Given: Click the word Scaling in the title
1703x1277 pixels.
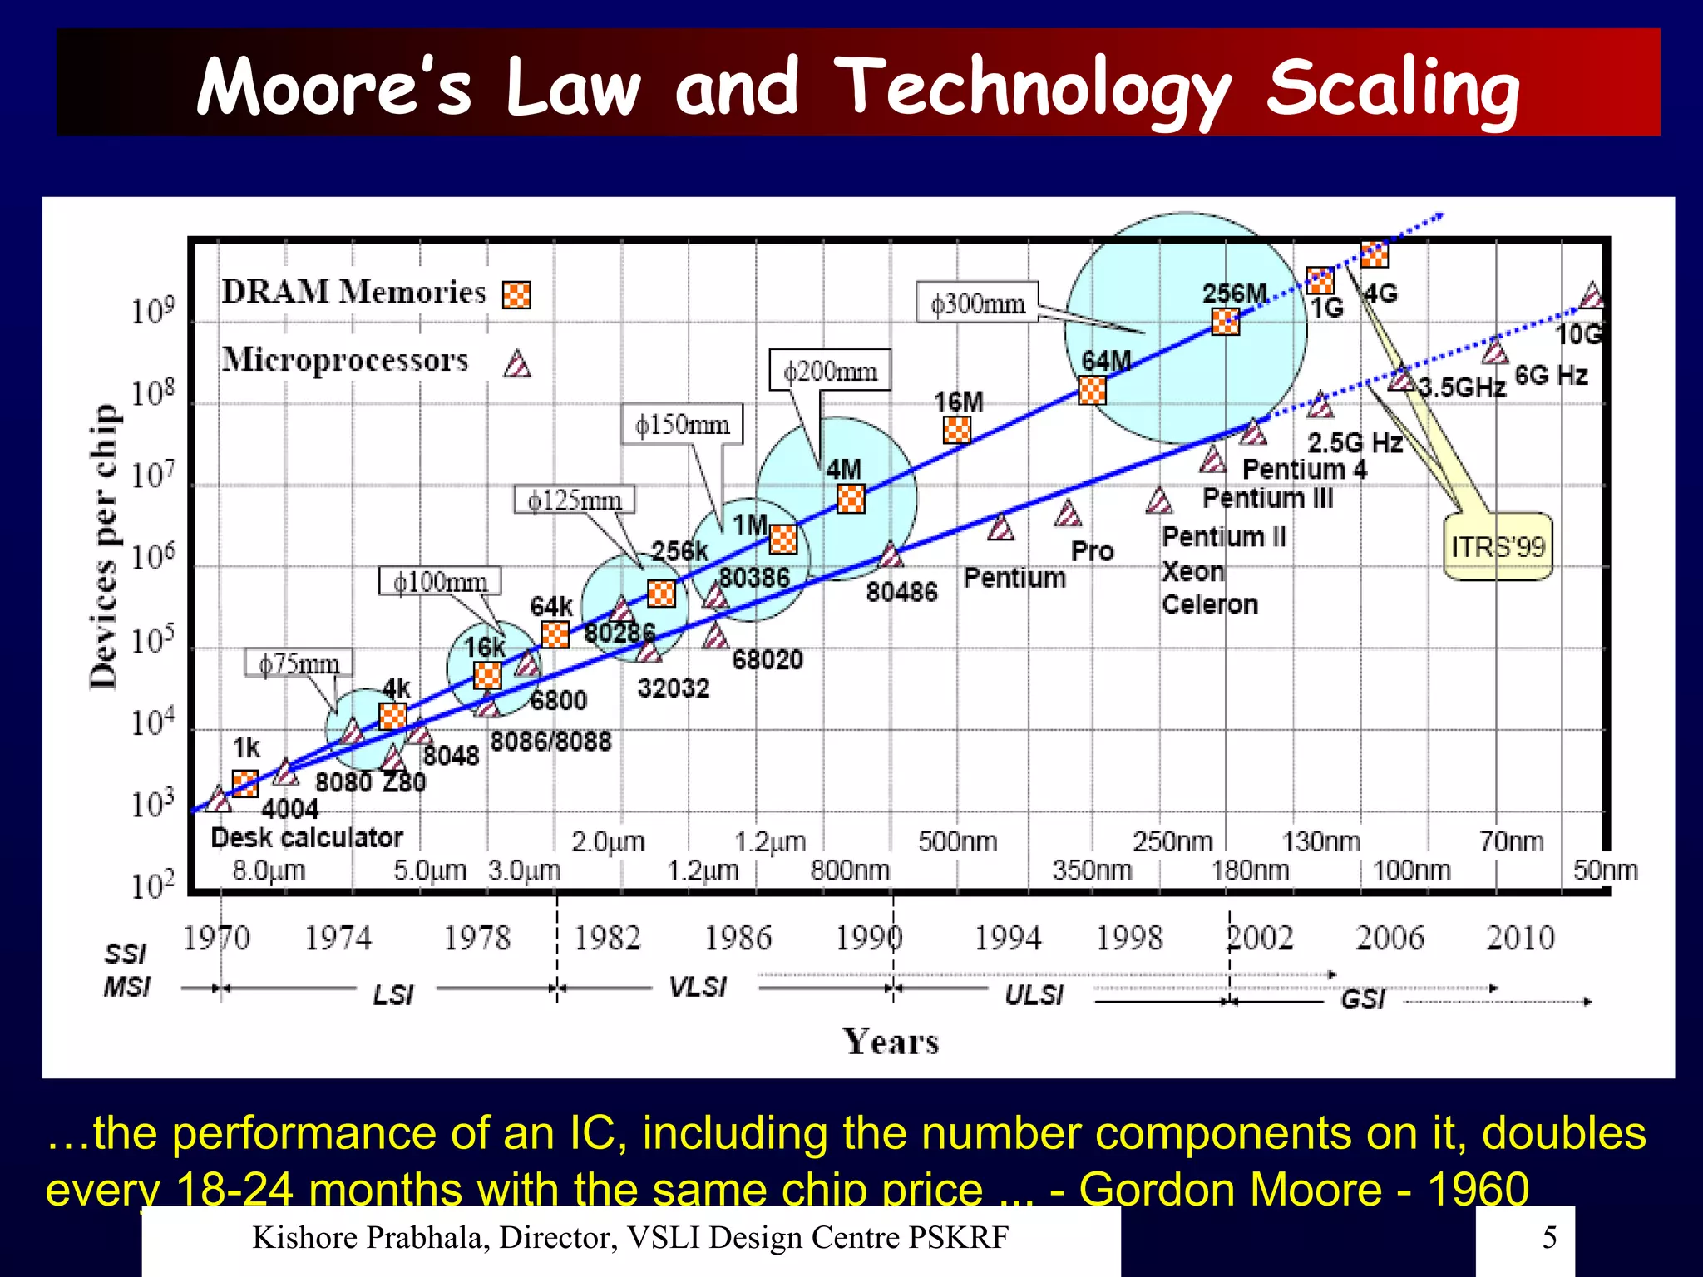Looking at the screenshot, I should tap(1393, 88).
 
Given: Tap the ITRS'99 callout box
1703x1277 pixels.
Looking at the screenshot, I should tap(1498, 546).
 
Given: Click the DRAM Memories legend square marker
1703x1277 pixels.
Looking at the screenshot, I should tap(516, 294).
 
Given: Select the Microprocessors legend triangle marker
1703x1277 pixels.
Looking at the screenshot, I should tap(517, 364).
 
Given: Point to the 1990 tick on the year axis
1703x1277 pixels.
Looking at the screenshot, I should tap(868, 938).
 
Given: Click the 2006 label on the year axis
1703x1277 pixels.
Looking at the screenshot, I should tap(1390, 938).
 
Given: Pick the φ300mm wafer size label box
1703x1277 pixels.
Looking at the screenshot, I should tap(978, 303).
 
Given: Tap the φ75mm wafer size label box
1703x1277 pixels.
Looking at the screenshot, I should tap(299, 663).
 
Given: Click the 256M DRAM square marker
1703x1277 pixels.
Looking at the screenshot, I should tap(1225, 321).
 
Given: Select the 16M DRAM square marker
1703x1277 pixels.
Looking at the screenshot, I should tap(956, 430).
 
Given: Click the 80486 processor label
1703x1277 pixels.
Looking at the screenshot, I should tap(901, 592).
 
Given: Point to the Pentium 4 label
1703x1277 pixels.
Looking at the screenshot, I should tap(1304, 469).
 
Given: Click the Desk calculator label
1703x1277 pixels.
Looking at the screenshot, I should tap(307, 837).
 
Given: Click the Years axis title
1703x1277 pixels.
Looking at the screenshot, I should tap(891, 1041).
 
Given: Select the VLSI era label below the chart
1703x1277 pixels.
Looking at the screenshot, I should tap(698, 987).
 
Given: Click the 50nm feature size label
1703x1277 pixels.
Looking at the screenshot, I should tap(1605, 870).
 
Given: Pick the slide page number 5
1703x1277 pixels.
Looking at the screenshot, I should tap(1549, 1237).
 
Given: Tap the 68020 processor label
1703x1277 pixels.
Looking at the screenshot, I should tap(767, 659).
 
